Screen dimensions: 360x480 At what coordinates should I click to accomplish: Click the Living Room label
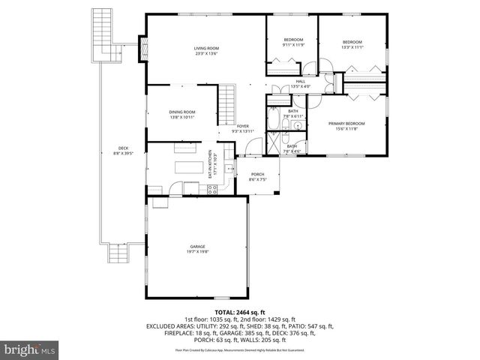click(x=206, y=51)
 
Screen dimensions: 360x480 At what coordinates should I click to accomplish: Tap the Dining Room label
click(x=182, y=115)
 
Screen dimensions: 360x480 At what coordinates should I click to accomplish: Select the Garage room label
click(x=197, y=249)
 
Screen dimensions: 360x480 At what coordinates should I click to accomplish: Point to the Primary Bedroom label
click(x=346, y=125)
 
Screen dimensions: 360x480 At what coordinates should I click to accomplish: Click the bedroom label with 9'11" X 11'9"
click(x=292, y=42)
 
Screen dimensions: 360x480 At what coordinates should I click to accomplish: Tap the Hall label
click(x=300, y=84)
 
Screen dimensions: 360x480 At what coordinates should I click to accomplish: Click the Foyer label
click(x=244, y=128)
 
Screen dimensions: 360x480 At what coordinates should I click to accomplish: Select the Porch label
click(x=257, y=176)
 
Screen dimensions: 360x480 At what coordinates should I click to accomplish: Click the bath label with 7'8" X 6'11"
click(x=293, y=114)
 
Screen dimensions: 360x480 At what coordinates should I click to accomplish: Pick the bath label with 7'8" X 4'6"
click(x=292, y=148)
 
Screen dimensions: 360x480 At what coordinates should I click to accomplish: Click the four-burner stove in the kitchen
click(x=212, y=189)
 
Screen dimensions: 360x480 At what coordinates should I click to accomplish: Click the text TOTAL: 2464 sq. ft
click(x=239, y=311)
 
